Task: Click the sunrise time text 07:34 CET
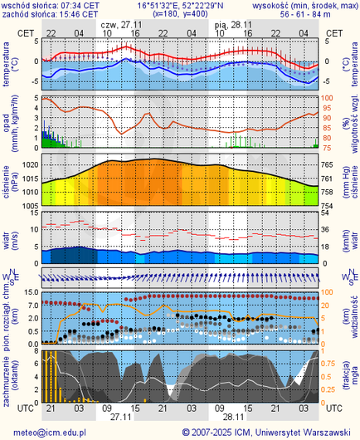click(x=80, y=5)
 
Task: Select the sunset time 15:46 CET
click(x=80, y=15)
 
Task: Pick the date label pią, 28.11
click(x=233, y=26)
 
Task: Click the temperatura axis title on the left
click(x=7, y=66)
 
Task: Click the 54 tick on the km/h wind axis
click(x=328, y=213)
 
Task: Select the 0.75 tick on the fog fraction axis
click(x=330, y=363)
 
